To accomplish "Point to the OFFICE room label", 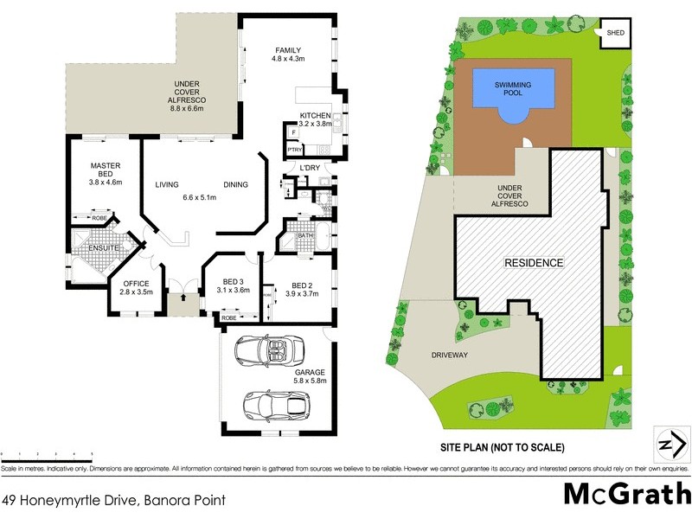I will click(136, 284).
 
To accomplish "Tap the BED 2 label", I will click(302, 286).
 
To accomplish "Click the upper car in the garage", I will click(270, 350).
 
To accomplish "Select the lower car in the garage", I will click(273, 404).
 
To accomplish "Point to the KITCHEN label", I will click(315, 116).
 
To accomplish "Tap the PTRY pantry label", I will click(293, 151).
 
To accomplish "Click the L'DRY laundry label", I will click(310, 167).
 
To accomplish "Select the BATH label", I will click(304, 235).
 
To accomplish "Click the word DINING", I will click(235, 185).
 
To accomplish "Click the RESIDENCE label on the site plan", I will click(535, 262).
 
